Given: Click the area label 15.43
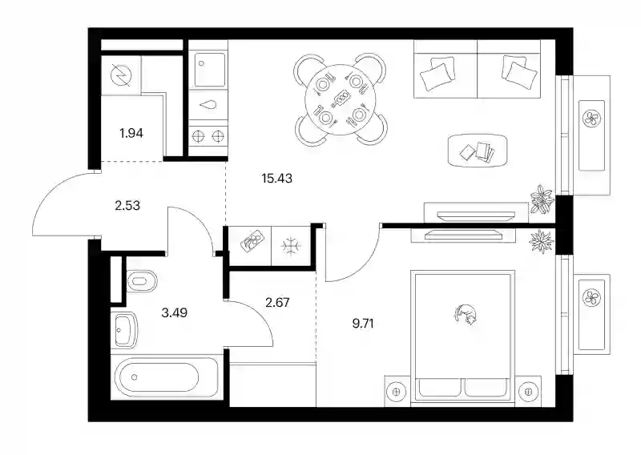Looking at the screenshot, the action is tap(276, 179).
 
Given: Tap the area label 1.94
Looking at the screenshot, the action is tap(131, 133).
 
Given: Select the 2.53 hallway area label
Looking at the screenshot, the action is tap(127, 205).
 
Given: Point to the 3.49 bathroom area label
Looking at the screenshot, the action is tap(174, 313).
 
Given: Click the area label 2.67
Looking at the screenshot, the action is tap(277, 303).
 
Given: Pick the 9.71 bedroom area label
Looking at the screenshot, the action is tap(363, 324).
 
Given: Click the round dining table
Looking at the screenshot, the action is tap(340, 100).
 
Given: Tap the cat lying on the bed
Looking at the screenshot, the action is tap(466, 314).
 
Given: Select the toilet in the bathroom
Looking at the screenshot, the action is tap(142, 281).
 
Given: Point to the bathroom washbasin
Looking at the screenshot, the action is tap(124, 330).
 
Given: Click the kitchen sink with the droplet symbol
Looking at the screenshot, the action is tap(208, 105).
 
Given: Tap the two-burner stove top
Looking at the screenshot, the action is tap(208, 136).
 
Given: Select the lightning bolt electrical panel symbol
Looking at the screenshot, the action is tap(122, 76).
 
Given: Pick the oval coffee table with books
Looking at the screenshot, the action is tap(477, 151).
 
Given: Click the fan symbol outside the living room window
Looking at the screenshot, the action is tap(591, 119).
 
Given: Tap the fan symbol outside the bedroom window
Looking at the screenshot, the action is tap(591, 297).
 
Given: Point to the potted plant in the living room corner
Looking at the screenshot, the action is tap(542, 199).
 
